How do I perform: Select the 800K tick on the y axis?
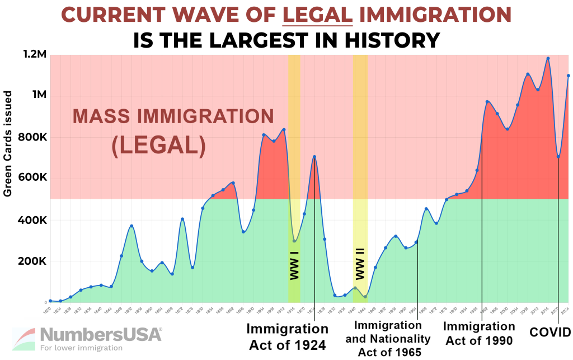(x=32, y=138)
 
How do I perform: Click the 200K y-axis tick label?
(x=32, y=261)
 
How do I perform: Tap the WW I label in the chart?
(x=294, y=265)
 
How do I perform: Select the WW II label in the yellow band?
(x=360, y=265)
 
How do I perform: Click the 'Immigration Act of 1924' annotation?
(x=286, y=336)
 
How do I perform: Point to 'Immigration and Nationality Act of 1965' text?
(x=388, y=338)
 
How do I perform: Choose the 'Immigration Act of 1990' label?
(x=479, y=333)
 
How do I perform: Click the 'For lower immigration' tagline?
(x=81, y=348)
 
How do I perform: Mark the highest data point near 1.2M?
(x=548, y=58)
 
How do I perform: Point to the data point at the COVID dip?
(x=558, y=156)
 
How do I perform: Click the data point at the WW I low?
(x=294, y=241)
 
